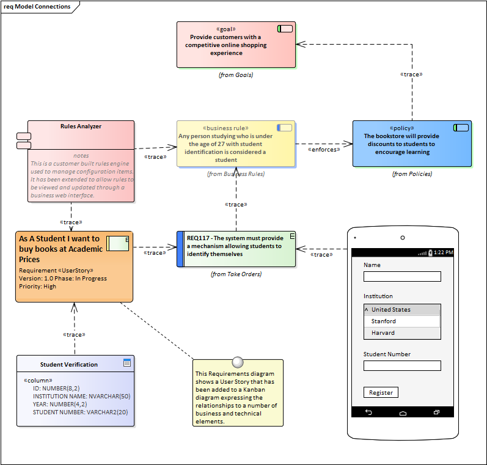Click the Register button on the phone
[381, 392]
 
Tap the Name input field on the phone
[402, 276]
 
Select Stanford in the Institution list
[402, 321]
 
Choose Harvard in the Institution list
[402, 333]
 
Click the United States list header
[402, 309]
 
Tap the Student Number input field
[402, 365]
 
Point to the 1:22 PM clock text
[444, 252]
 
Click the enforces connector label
[324, 149]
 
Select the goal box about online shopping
[236, 45]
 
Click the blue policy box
[412, 144]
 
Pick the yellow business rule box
[236, 144]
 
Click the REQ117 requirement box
[236, 249]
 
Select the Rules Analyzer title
[81, 126]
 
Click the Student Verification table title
[69, 364]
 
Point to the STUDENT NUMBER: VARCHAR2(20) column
[80, 412]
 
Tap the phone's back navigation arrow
[368, 412]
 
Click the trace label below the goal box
[411, 74]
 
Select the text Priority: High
[38, 286]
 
